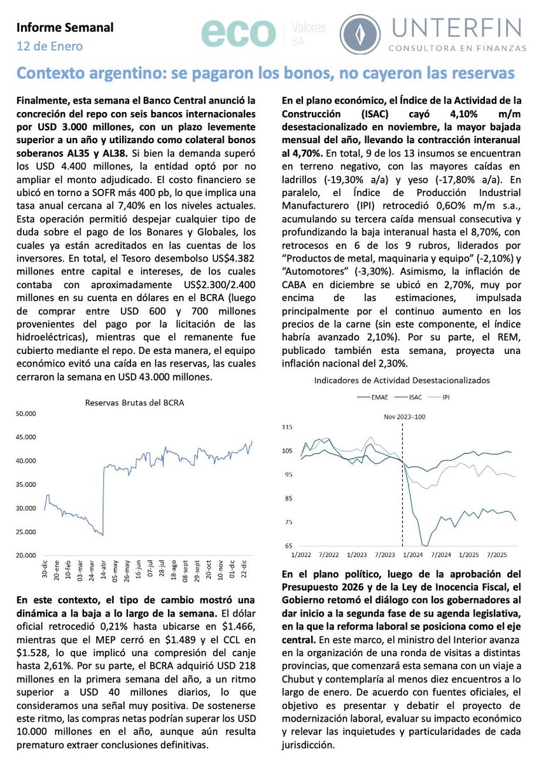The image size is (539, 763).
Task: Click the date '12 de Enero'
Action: [50, 46]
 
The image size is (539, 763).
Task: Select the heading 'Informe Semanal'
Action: [64, 27]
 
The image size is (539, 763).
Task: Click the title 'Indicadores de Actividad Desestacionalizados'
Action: [402, 380]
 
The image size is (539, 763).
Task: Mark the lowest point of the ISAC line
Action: [424, 545]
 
